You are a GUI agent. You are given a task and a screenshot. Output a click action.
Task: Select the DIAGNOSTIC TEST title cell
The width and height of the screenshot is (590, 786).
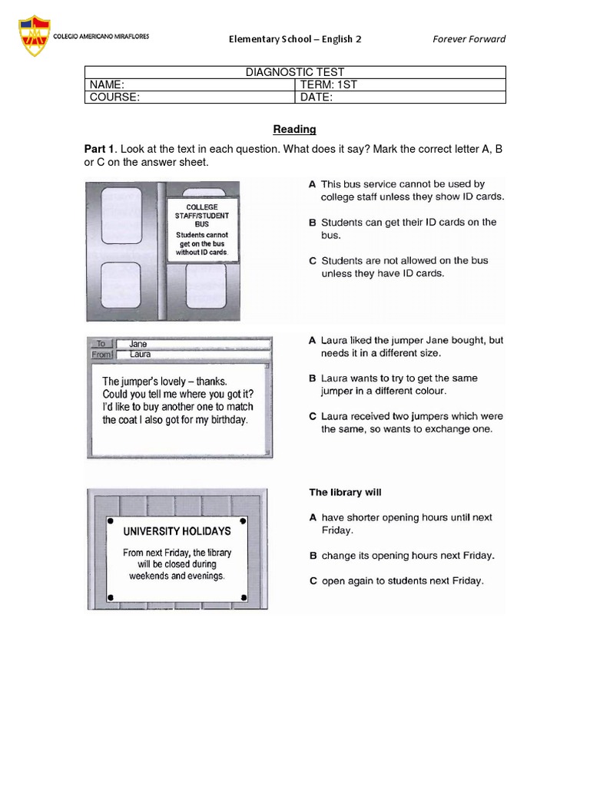point(295,72)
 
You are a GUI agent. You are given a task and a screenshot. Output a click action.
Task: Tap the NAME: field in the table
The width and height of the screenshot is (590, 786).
point(189,84)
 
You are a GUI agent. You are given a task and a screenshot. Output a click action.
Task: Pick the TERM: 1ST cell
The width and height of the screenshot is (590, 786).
point(400,84)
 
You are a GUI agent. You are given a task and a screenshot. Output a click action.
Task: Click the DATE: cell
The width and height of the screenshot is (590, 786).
point(400,97)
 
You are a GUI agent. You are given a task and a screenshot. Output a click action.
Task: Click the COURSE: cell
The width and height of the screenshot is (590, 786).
point(189,97)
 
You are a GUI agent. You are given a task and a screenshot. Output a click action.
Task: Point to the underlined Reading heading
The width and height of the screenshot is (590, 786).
point(295,130)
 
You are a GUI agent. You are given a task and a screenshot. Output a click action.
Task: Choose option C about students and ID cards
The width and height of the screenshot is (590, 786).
point(404,266)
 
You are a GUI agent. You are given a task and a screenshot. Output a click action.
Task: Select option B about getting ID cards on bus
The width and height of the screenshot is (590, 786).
point(404,228)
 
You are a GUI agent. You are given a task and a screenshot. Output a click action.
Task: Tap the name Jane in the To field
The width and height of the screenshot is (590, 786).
point(139,344)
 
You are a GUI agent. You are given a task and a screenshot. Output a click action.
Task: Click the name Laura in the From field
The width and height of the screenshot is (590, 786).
point(141,355)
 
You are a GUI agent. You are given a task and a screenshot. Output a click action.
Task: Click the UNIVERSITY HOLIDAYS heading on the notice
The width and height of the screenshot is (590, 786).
point(177,530)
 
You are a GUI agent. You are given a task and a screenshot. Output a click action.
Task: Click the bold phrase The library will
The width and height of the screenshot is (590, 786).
point(345,492)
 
